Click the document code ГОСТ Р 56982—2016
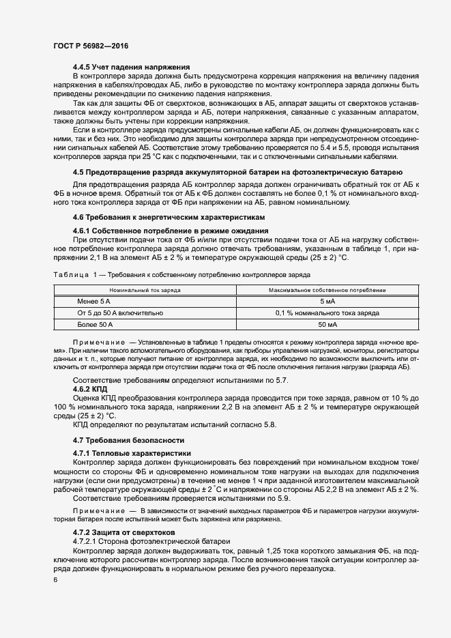[90, 46]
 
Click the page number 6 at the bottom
[55, 579]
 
